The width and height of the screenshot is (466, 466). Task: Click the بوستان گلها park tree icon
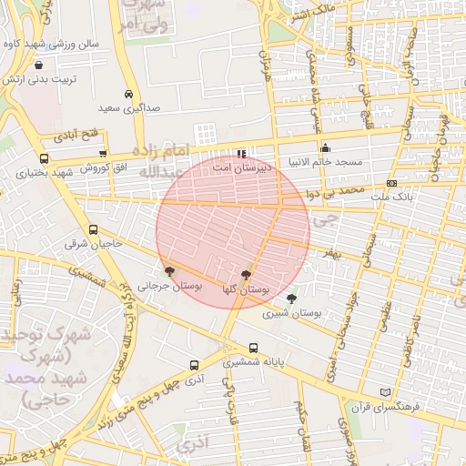click(246, 274)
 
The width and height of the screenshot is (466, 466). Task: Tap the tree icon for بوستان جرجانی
click(169, 271)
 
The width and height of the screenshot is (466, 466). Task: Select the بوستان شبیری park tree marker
click(291, 298)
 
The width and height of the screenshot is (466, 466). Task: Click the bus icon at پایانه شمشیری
click(253, 348)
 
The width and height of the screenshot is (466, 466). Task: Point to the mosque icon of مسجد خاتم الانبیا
click(325, 147)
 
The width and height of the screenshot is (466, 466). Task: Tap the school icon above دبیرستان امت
click(240, 154)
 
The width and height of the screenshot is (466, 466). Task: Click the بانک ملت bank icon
click(391, 183)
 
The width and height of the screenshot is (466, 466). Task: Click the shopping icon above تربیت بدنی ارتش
click(39, 66)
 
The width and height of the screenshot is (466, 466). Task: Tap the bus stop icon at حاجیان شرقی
click(93, 230)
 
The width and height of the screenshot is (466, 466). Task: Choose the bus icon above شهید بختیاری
click(44, 157)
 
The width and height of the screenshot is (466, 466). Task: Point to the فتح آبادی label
click(81, 137)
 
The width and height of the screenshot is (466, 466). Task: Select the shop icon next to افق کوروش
click(103, 154)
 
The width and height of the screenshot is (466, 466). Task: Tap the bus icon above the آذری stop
click(194, 365)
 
